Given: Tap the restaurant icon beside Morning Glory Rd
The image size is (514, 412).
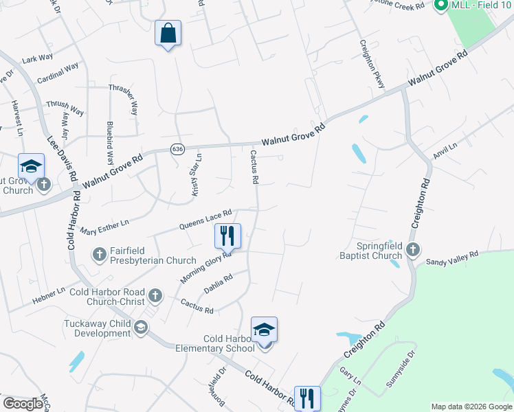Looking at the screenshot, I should tap(227, 236).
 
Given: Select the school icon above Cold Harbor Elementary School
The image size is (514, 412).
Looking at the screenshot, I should tap(264, 330).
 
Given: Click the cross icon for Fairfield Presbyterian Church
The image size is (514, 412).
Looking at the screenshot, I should tap(100, 255).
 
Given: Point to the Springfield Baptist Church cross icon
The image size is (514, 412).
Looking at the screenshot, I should tap(412, 250).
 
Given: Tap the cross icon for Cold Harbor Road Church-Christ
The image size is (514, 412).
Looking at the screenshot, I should tap(155, 296).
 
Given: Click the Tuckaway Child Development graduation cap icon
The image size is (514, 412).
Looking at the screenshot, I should tap(141, 328).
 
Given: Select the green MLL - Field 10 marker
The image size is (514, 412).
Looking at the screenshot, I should tap(441, 6).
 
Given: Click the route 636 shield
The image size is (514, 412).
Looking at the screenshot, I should tap(177, 149).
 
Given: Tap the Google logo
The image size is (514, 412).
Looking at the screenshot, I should tap(23, 404).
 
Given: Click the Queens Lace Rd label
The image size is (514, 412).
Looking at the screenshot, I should tap(205, 220).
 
